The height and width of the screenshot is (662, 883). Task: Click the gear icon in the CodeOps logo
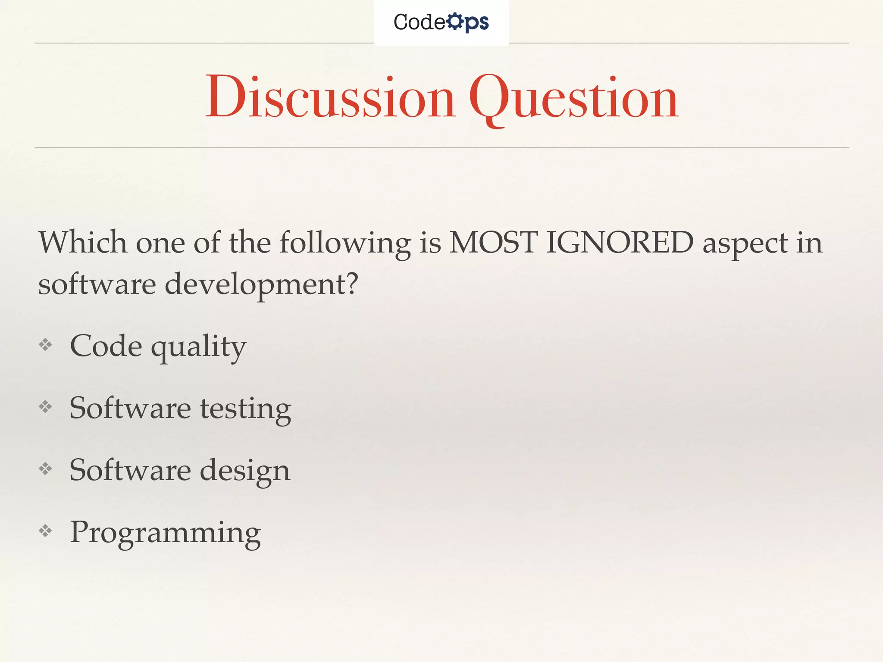(x=455, y=22)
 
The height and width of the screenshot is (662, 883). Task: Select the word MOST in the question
(x=493, y=242)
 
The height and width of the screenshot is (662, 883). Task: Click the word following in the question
(x=345, y=244)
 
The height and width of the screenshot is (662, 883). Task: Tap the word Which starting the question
(x=83, y=242)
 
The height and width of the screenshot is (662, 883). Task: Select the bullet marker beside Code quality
(x=45, y=345)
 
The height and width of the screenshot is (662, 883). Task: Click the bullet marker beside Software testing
(x=45, y=406)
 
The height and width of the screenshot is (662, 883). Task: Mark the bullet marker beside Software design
(x=45, y=468)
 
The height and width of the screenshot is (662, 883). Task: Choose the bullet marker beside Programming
(x=45, y=531)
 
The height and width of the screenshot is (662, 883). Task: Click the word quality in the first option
(x=199, y=347)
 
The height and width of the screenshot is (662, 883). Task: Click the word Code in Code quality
(x=106, y=346)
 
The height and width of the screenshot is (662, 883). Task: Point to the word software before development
(x=97, y=284)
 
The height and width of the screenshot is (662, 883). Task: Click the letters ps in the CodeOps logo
(x=477, y=23)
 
